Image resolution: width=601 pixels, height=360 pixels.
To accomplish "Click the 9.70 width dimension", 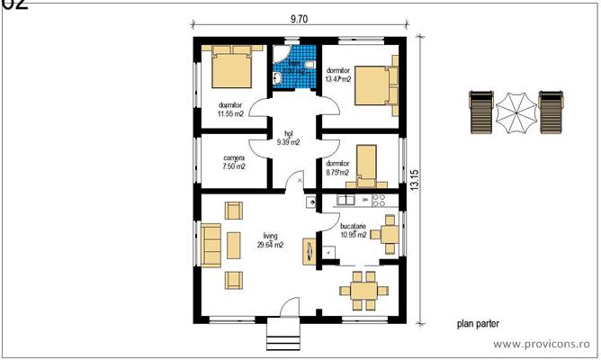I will point(302,18).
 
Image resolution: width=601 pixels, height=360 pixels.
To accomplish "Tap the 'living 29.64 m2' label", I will point(269,238).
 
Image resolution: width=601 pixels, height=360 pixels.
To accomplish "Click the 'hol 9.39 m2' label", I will point(288,137).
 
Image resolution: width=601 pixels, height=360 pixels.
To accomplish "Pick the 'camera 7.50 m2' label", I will point(234,161).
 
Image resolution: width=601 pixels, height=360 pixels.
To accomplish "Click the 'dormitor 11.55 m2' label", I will point(230,110).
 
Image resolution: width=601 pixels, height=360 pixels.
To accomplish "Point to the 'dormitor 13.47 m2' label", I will point(338,74).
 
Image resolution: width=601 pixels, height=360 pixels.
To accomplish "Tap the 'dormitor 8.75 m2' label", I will point(338,167).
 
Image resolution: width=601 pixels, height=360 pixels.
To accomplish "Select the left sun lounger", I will point(481,112).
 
